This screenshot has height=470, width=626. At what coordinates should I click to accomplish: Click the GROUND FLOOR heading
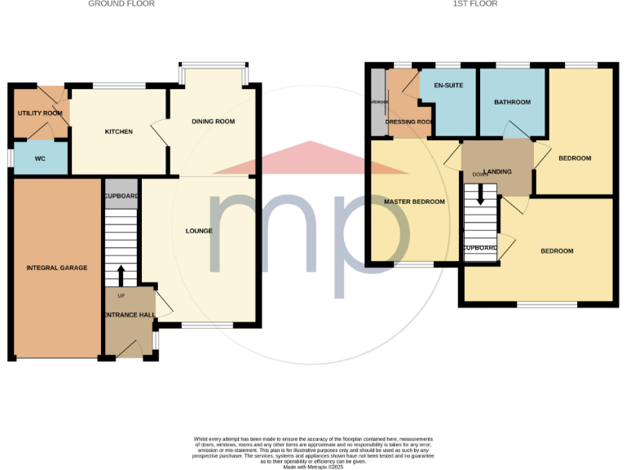121,4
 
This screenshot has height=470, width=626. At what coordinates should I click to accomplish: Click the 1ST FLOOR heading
476,4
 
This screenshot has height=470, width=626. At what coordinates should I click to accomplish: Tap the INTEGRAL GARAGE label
57,268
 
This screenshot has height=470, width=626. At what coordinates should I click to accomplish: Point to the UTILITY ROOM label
41,113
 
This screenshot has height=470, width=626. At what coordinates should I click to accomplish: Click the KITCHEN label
118,131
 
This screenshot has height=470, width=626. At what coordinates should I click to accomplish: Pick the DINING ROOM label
213,122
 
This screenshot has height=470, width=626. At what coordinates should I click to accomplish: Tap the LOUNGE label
199,231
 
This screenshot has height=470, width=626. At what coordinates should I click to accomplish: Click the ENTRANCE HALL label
127,314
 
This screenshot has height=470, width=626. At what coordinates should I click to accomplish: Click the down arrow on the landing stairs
480,193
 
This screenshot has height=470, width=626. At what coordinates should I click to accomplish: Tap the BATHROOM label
513,102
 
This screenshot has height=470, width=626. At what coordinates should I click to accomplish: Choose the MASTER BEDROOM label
415,202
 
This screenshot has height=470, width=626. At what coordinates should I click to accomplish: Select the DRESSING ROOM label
410,122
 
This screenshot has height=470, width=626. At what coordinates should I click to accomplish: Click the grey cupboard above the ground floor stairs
121,196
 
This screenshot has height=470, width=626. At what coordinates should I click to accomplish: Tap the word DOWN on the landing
480,175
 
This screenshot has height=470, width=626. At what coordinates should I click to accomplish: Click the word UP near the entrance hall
121,295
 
